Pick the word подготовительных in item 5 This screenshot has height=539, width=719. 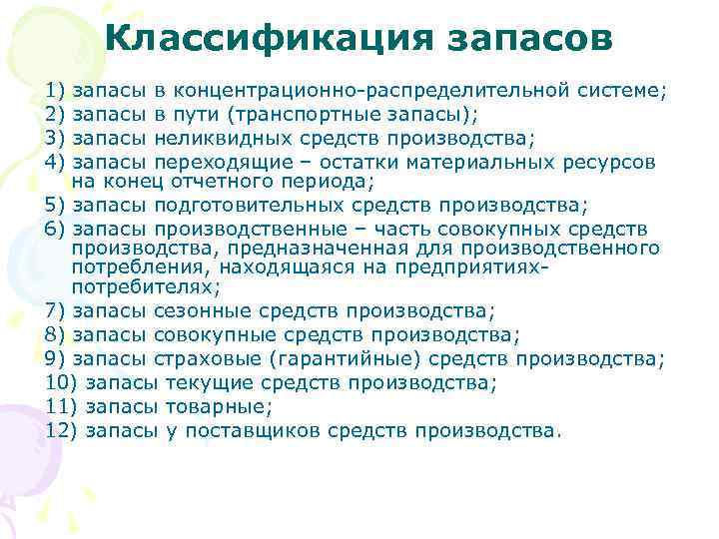tap(250, 206)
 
